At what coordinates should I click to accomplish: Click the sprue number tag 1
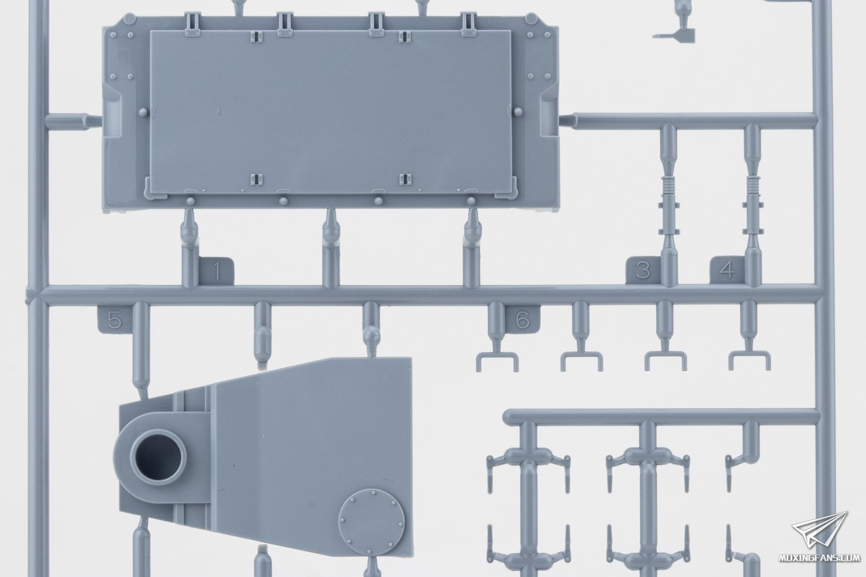pos(216,271)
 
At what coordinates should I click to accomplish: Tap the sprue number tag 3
pos(643,270)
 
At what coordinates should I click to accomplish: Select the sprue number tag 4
pos(727,270)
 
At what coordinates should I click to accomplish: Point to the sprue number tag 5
pos(114,320)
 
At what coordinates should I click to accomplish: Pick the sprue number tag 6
pos(523,320)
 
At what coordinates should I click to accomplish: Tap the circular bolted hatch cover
pos(371,521)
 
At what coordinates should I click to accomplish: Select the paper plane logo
pos(819,530)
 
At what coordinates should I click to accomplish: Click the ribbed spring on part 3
pos(668,184)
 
